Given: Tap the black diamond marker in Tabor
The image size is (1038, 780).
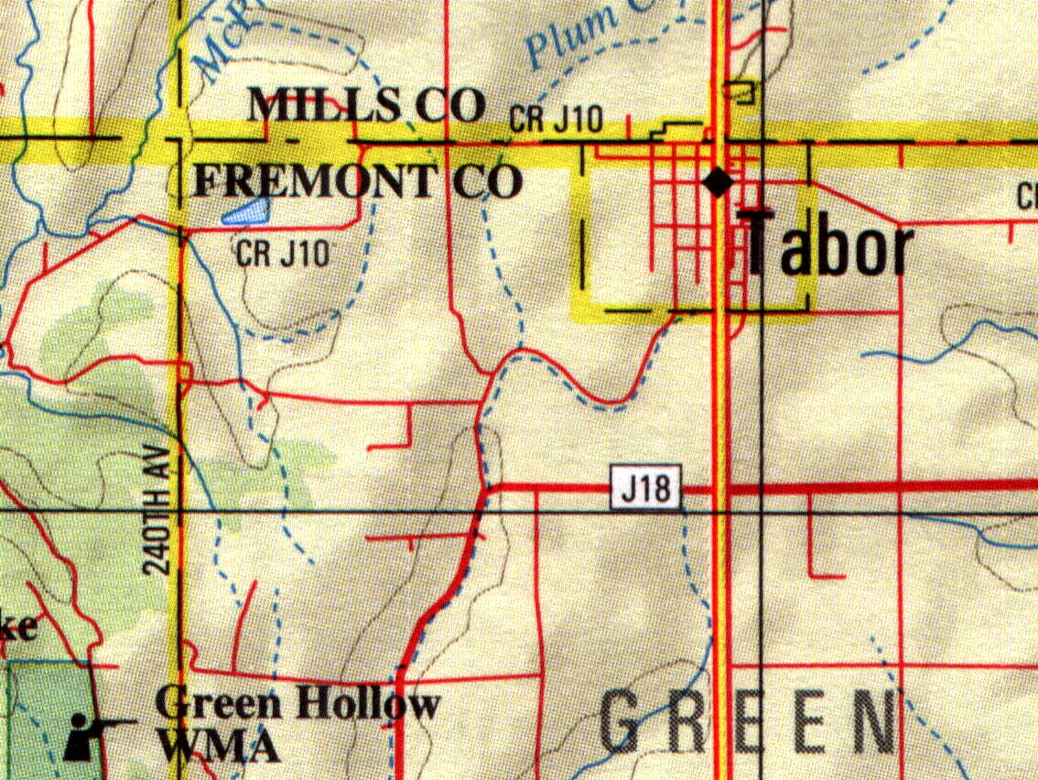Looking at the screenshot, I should click(x=719, y=182).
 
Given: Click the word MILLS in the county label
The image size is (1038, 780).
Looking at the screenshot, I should click(x=326, y=106).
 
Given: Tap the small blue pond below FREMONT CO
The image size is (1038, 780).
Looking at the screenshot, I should click(x=245, y=214).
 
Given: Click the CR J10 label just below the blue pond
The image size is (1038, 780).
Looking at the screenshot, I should click(x=281, y=253).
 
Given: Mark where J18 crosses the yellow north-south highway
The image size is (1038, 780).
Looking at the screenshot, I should click(x=721, y=491).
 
